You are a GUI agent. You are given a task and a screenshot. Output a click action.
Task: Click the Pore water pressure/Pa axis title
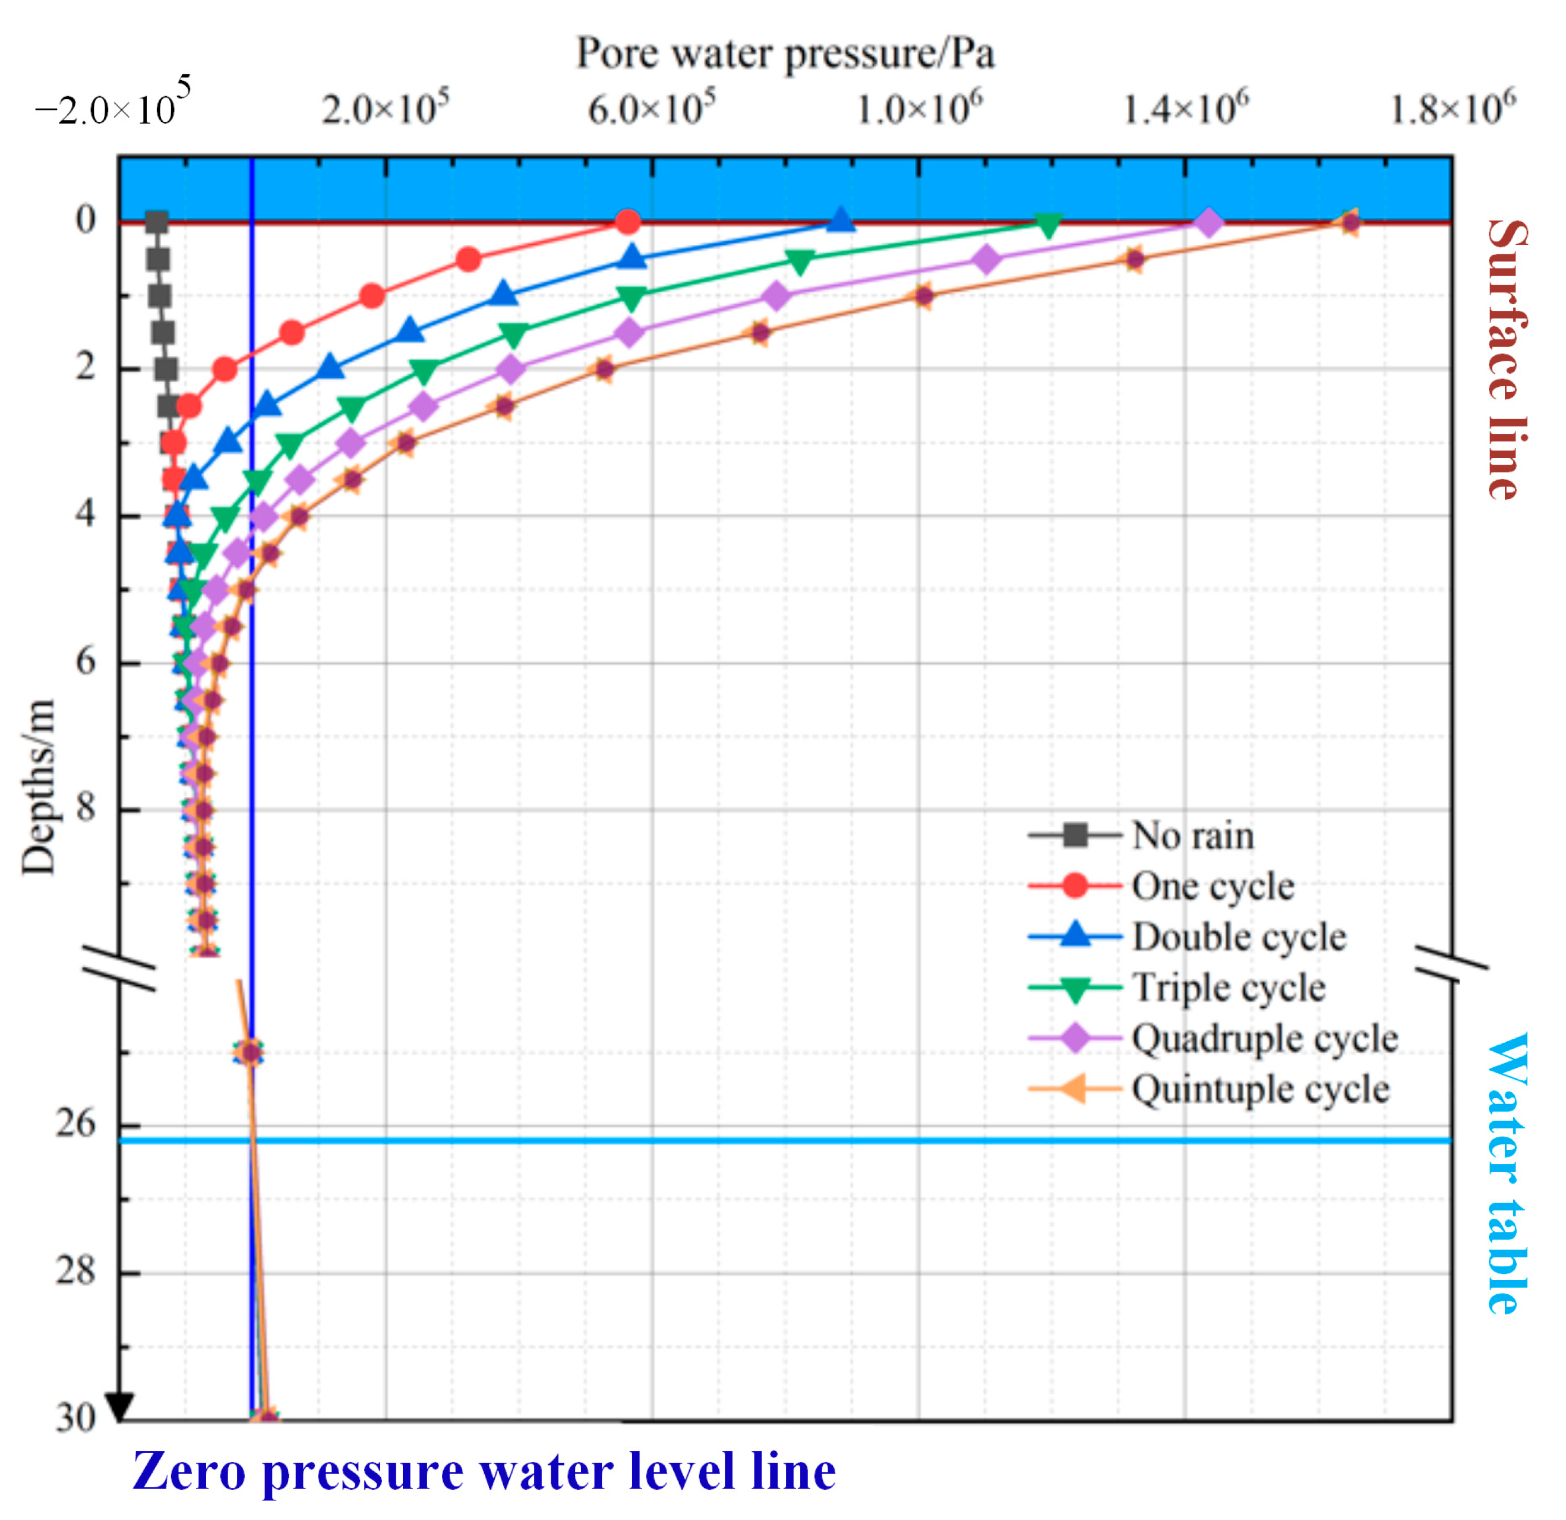click(x=785, y=54)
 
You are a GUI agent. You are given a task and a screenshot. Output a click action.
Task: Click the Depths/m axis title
click(x=39, y=788)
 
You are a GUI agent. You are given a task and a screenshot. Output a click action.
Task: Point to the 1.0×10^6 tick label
click(x=919, y=108)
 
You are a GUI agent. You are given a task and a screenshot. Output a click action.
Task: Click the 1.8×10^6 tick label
click(x=1452, y=108)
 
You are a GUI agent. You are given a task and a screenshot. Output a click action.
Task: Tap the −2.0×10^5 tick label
click(x=112, y=104)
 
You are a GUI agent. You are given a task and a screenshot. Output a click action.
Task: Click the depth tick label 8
click(x=86, y=808)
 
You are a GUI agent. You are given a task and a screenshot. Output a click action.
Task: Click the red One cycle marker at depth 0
click(x=628, y=222)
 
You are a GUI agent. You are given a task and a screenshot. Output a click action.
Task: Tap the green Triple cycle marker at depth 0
click(x=1049, y=225)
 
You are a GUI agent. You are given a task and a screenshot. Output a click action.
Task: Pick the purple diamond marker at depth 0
click(x=1210, y=222)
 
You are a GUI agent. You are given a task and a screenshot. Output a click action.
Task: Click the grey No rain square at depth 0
click(x=157, y=222)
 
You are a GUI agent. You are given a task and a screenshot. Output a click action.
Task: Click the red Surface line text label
click(x=1507, y=359)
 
